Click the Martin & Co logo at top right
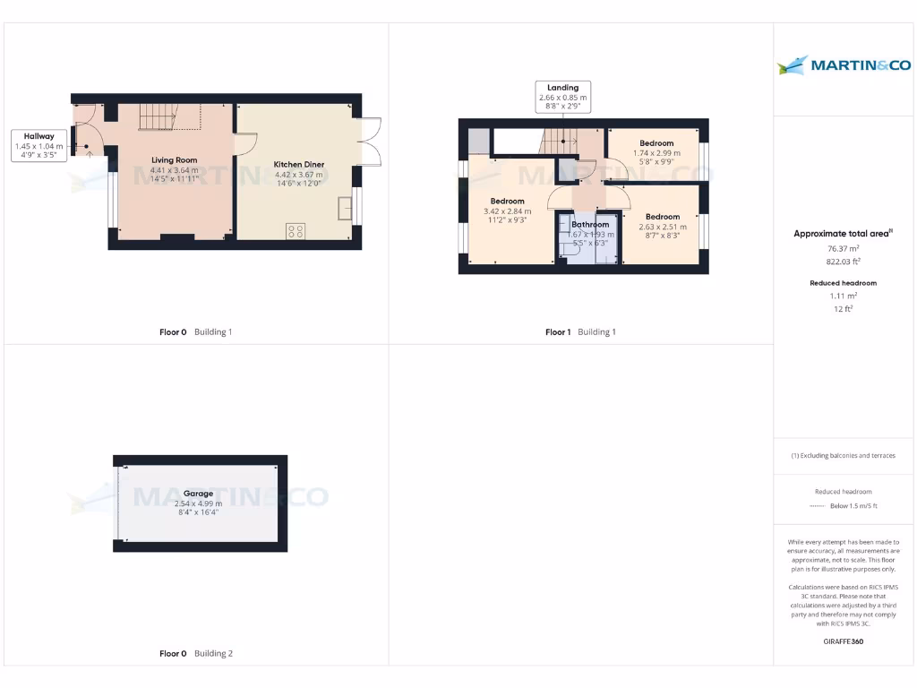844,64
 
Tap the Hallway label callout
40,144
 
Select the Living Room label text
174,160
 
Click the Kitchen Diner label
299,165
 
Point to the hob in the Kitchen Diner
296,231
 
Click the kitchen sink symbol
346,209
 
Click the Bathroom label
590,224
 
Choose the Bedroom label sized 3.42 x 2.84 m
507,201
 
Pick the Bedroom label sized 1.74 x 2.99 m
656,143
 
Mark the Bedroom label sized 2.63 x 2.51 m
663,217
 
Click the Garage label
199,494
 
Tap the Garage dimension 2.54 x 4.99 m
199,503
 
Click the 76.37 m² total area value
842,249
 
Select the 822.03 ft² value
842,262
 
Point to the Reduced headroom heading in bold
843,283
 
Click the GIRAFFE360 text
843,641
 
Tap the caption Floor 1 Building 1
580,332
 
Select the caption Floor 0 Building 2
195,654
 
